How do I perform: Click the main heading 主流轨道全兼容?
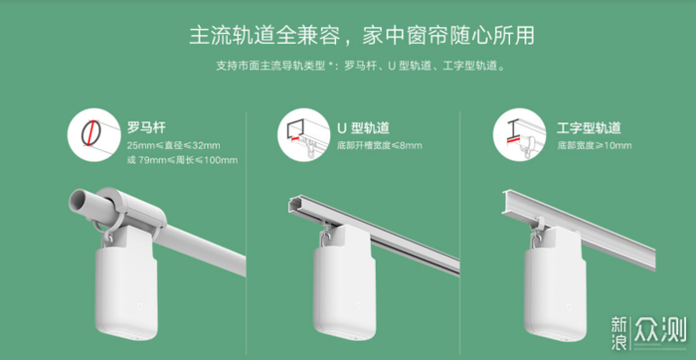click(x=264, y=36)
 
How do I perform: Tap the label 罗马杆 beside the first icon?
click(x=146, y=128)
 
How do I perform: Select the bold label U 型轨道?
click(x=364, y=128)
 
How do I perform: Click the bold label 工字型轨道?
click(x=589, y=128)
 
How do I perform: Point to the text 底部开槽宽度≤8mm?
click(x=380, y=145)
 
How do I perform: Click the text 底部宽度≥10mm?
click(x=595, y=145)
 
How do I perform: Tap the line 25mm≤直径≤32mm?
click(x=174, y=145)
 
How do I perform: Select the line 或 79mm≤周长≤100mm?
click(x=182, y=160)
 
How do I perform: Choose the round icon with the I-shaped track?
click(x=519, y=134)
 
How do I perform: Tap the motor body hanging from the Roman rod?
click(x=126, y=293)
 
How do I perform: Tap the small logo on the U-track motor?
click(x=360, y=306)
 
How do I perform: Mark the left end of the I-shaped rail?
click(x=505, y=202)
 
